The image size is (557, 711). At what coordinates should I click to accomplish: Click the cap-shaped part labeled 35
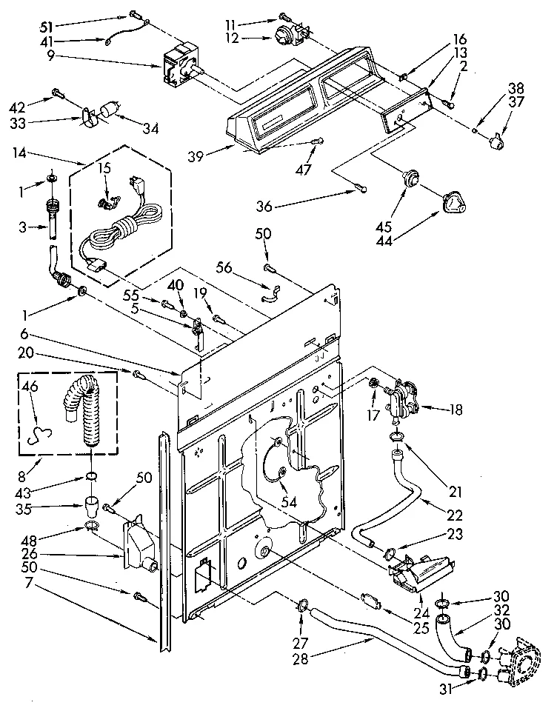[92, 509]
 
